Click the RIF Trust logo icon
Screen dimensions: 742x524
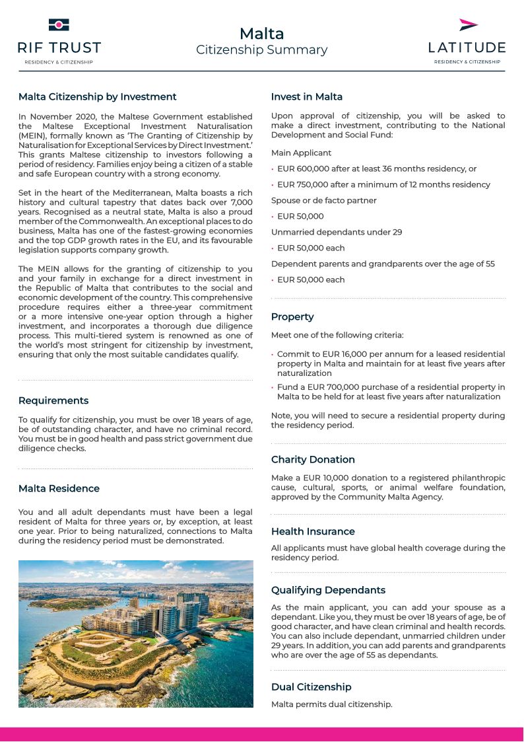tap(59, 25)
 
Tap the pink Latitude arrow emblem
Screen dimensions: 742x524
tap(468, 25)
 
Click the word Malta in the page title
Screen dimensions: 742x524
tap(261, 34)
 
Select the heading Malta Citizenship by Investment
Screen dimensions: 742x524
tap(97, 97)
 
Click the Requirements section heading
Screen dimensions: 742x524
tap(53, 400)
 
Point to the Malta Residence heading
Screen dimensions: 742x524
tap(59, 488)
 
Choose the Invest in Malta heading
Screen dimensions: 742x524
tap(306, 97)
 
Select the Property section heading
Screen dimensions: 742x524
tap(292, 317)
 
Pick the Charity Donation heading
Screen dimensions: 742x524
tap(313, 460)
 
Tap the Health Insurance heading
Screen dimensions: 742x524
tap(313, 531)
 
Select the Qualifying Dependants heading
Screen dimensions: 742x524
tap(328, 590)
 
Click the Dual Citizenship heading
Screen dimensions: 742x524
tap(311, 687)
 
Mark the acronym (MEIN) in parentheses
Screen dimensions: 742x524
tap(34, 135)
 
